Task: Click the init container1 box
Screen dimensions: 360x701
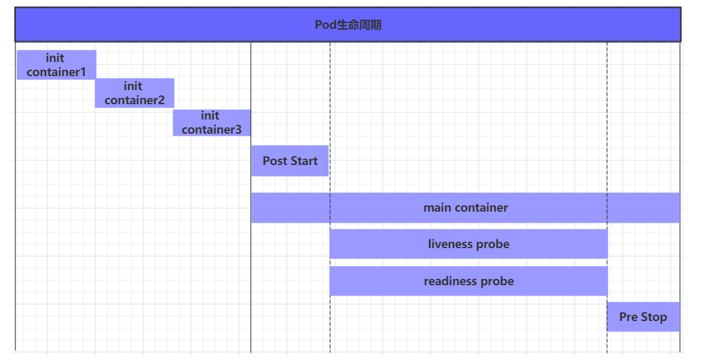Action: (x=56, y=65)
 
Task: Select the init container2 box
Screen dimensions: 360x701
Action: (x=134, y=93)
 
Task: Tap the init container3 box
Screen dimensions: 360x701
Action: (x=211, y=122)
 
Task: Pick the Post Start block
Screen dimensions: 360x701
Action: (x=290, y=160)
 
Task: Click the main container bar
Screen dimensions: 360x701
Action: (x=465, y=207)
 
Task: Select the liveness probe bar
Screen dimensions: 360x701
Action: (x=468, y=244)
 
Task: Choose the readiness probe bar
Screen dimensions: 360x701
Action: (x=468, y=281)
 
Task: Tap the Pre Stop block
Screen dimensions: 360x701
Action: (x=643, y=317)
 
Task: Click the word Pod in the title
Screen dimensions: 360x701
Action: (x=324, y=25)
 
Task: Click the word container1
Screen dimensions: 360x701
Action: (x=56, y=72)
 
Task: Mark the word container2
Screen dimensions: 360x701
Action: (x=134, y=100)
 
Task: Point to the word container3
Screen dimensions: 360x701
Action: (x=212, y=130)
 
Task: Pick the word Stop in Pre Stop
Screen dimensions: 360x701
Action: (x=654, y=317)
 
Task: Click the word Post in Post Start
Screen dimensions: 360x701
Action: (x=275, y=160)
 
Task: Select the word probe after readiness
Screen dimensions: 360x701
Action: (x=499, y=281)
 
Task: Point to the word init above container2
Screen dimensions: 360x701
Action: (x=133, y=86)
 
